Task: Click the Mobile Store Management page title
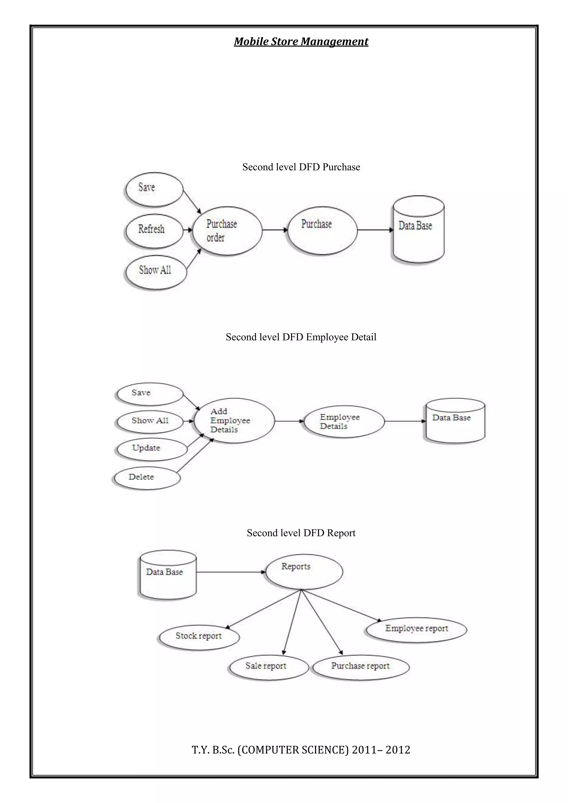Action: point(301,42)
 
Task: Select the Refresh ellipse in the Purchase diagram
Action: point(154,230)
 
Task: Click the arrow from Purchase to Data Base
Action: point(375,230)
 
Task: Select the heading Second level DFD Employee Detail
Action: point(301,337)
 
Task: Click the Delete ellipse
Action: point(147,477)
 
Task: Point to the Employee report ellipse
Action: point(416,629)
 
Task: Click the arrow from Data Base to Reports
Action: point(231,572)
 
